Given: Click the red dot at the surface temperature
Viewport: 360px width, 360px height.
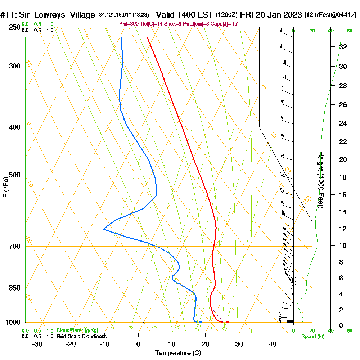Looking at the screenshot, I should point(227,322).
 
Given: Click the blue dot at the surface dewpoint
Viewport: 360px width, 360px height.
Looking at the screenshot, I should point(201,322).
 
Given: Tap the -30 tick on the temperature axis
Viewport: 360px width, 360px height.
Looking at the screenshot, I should point(37,344).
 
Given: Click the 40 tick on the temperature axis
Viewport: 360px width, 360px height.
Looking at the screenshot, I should point(273,344).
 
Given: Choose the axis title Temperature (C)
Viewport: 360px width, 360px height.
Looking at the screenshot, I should point(178,353).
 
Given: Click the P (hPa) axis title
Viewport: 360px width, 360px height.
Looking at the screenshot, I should point(5,187).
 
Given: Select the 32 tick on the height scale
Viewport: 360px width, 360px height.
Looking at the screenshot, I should point(343,47).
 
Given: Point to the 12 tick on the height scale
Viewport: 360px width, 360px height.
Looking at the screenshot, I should point(343,229).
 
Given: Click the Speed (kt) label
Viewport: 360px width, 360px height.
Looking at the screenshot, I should point(313,337).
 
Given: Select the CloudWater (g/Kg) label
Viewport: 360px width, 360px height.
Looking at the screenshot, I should point(77,330).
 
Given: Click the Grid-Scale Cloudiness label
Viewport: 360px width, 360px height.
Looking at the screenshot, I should point(81,336).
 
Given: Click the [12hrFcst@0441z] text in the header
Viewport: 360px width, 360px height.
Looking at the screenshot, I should point(330,15).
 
